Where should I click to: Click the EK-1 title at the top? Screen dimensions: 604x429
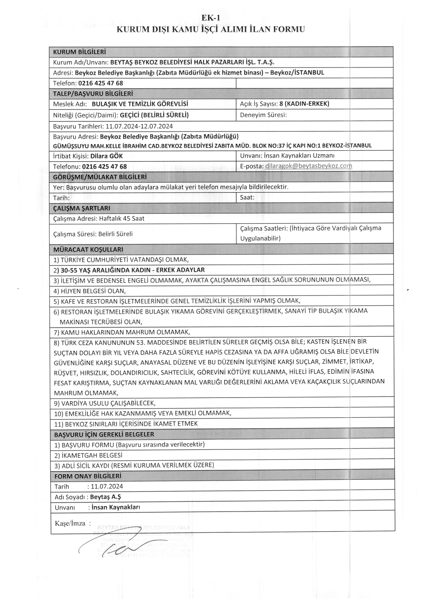(x=211, y=18)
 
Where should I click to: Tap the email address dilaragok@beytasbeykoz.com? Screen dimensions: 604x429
(x=308, y=166)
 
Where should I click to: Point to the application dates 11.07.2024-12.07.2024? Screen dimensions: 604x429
(x=139, y=126)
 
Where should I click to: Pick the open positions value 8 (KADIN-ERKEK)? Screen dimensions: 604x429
(x=304, y=104)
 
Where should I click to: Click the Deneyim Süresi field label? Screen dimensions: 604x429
(x=263, y=115)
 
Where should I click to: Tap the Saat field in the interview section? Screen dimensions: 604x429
(x=247, y=197)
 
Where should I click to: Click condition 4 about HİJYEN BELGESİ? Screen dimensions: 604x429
(x=90, y=291)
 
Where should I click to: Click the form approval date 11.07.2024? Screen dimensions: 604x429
(x=107, y=486)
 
